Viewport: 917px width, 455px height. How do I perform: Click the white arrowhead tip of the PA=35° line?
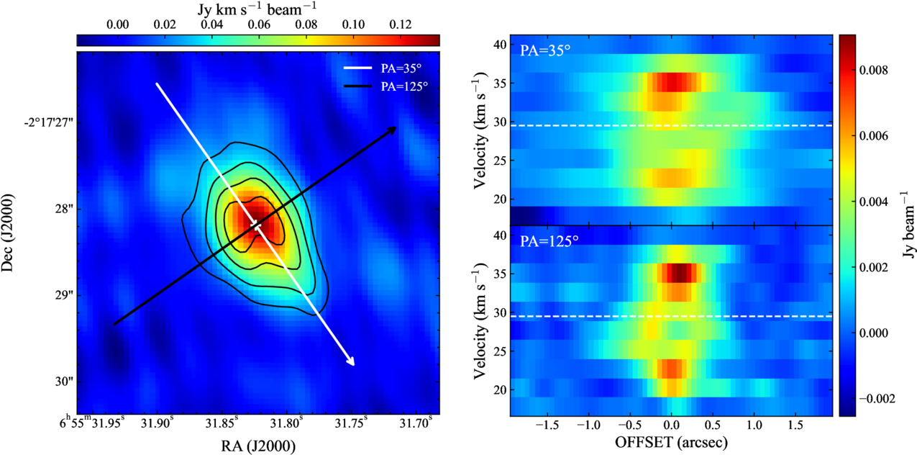pyautogui.click(x=354, y=365)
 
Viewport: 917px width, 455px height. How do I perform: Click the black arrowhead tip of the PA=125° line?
pyautogui.click(x=396, y=127)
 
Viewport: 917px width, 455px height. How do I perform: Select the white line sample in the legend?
pyautogui.click(x=357, y=68)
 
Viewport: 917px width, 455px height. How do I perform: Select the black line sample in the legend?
pyautogui.click(x=357, y=86)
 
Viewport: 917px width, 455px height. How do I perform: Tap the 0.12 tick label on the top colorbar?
pyautogui.click(x=401, y=24)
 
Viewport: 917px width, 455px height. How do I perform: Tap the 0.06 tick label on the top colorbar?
pyautogui.click(x=259, y=24)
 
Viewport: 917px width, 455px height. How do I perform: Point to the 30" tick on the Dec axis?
pyautogui.click(x=64, y=382)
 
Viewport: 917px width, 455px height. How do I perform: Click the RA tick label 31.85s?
pyautogui.click(x=222, y=423)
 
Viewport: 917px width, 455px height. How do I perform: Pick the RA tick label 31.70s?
pyautogui.click(x=416, y=423)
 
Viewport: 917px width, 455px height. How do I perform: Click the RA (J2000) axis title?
pyautogui.click(x=258, y=446)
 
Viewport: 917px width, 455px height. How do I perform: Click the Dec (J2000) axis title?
pyautogui.click(x=7, y=233)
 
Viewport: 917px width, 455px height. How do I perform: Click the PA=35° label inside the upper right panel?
pyautogui.click(x=545, y=50)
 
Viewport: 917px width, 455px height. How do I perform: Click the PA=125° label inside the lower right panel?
pyautogui.click(x=549, y=241)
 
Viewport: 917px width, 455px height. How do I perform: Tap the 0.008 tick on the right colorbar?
pyautogui.click(x=874, y=71)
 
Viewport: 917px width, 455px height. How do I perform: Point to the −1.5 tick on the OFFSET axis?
pyautogui.click(x=547, y=425)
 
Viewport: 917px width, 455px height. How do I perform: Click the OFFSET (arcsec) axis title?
pyautogui.click(x=671, y=442)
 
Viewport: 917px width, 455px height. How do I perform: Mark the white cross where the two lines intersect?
pyautogui.click(x=257, y=225)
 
